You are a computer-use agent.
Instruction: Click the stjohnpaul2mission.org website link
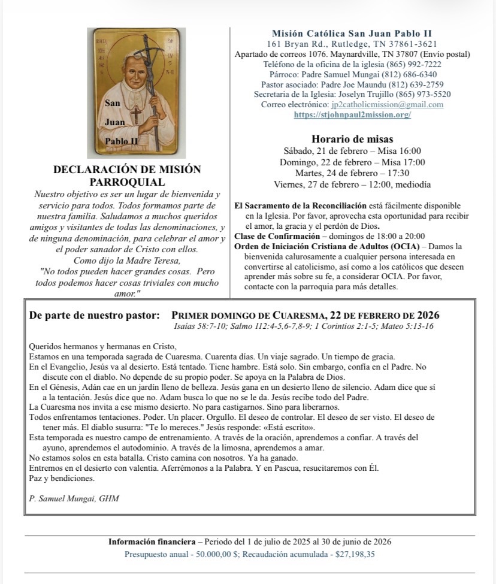352,114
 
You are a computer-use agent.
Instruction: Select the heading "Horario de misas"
352,139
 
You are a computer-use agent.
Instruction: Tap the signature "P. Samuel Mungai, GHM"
66,498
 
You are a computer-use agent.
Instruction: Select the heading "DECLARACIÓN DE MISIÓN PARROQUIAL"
127,175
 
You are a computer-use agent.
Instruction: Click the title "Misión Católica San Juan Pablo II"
352,34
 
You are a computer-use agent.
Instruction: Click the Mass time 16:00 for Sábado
409,151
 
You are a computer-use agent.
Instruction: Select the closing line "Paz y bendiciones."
62,478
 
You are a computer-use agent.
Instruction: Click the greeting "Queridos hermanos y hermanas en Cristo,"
102,346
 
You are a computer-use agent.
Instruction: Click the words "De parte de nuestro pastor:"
95,316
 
